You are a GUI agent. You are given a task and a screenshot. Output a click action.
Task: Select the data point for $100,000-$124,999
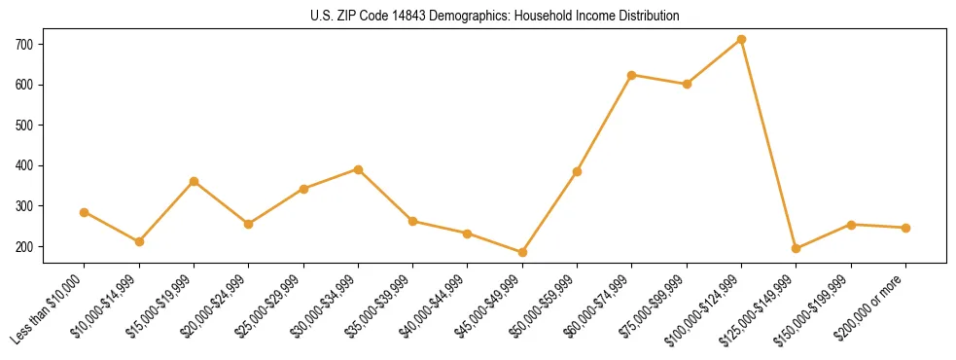741,39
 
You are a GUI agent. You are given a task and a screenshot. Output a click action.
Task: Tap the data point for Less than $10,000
85,212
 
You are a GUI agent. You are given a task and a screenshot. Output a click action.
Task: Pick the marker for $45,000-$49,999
522,252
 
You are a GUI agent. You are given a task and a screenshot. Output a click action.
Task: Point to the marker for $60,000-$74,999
632,75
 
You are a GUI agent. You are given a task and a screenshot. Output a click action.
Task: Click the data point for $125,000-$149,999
797,248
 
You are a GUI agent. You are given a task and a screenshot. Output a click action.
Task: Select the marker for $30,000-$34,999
358,169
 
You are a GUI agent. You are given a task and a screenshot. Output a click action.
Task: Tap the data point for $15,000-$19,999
194,181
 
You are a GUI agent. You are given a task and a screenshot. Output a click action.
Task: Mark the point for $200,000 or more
905,228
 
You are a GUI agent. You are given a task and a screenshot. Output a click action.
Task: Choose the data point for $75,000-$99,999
687,84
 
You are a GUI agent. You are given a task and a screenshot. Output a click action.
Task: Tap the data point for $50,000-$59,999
577,172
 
